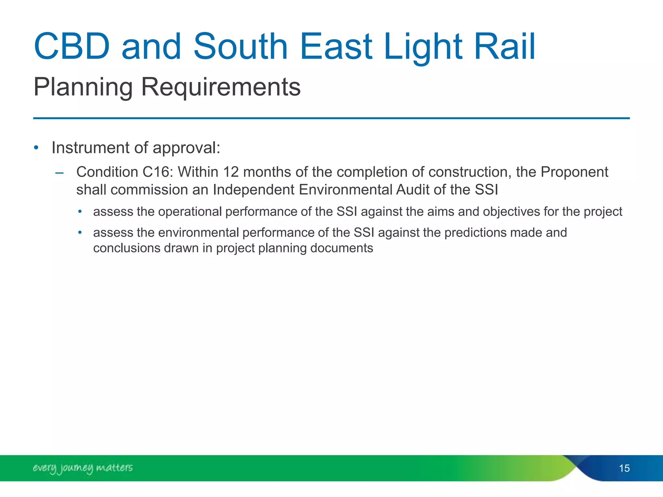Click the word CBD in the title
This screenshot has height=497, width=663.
(x=72, y=47)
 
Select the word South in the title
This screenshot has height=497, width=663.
(x=240, y=47)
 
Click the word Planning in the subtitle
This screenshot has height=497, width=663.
(x=83, y=87)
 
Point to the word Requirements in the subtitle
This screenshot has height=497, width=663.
(x=221, y=87)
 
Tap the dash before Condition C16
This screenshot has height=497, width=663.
(x=59, y=173)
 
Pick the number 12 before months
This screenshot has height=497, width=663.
(x=231, y=172)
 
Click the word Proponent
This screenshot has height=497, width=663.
(x=574, y=172)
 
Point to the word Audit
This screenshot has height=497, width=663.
(x=412, y=190)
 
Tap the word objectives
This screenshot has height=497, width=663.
(x=511, y=212)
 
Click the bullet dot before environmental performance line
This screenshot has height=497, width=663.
(x=80, y=233)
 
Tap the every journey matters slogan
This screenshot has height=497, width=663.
(x=83, y=468)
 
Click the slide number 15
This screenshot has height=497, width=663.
(x=624, y=468)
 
